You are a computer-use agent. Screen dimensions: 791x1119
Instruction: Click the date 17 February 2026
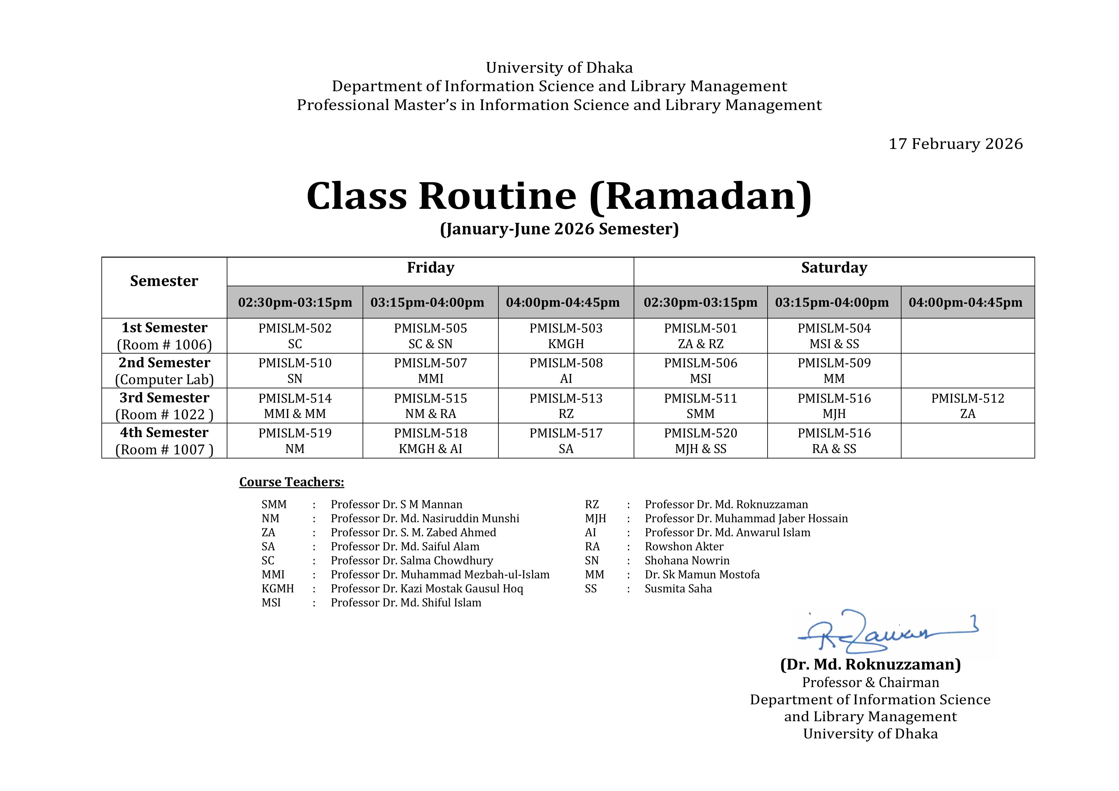955,144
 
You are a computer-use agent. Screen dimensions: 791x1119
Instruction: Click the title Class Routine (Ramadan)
559,196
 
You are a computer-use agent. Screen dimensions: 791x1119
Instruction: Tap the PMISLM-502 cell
295,336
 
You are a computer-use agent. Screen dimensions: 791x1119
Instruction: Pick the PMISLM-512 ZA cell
968,406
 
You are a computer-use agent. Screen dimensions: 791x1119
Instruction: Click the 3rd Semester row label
164,398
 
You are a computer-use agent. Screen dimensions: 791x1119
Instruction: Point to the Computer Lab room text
164,380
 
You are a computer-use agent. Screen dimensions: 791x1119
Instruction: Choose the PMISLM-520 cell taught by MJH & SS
700,441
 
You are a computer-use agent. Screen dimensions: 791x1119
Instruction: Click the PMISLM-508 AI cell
566,371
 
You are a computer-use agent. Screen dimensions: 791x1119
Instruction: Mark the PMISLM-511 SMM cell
700,406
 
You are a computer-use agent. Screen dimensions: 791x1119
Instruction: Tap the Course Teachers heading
291,482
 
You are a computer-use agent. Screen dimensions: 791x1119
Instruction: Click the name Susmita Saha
678,589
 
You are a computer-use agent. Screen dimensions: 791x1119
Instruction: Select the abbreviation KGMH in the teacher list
277,589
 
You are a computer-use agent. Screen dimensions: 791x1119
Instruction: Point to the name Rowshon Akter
684,547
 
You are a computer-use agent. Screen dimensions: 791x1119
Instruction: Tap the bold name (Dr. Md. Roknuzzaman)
870,665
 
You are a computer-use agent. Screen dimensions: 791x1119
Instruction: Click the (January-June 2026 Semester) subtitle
559,229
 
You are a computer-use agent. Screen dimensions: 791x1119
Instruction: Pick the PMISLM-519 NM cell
295,441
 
